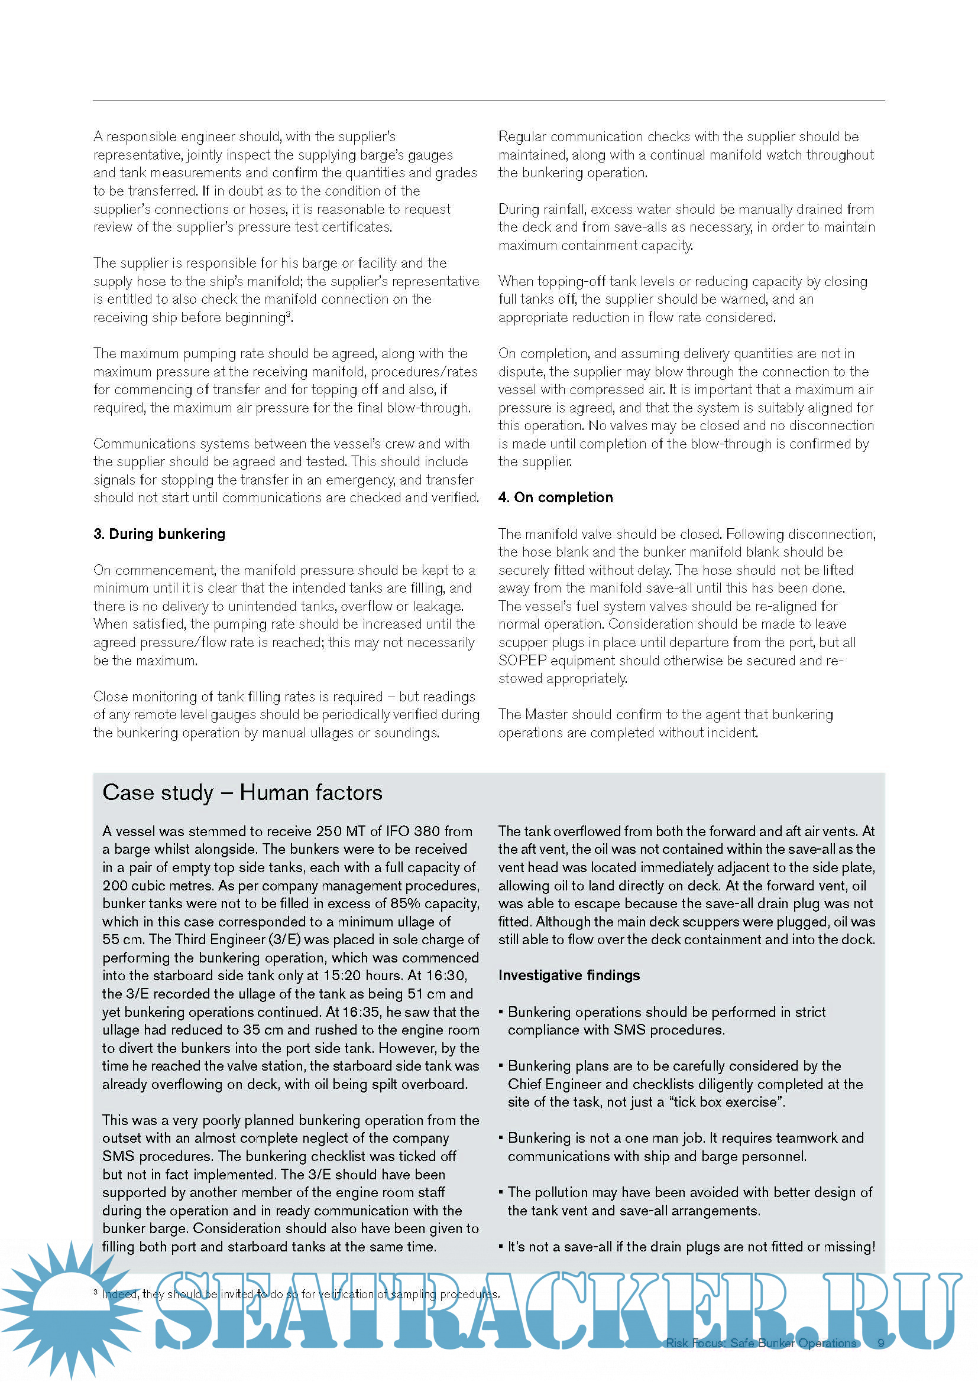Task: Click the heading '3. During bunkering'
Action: pos(159,534)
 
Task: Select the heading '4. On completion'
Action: pos(555,497)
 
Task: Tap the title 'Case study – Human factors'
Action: pos(242,793)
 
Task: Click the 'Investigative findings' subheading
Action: pos(569,975)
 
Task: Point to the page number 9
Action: pos(881,1343)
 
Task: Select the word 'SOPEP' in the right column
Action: pos(522,661)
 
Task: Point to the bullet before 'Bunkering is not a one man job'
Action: pos(501,1137)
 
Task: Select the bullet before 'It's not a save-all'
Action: pos(501,1246)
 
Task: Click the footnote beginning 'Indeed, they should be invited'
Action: pos(300,1293)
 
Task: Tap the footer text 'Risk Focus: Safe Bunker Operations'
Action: pos(760,1343)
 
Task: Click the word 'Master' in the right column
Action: pos(546,714)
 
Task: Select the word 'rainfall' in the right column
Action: pos(564,210)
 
